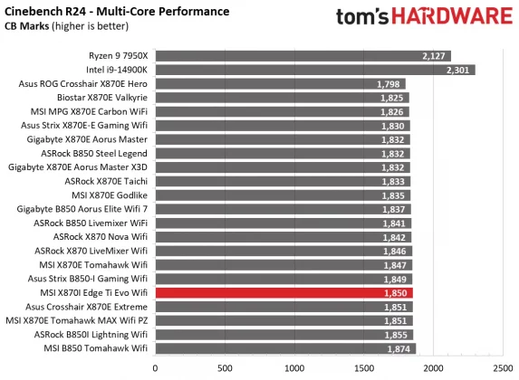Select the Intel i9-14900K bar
coord(314,70)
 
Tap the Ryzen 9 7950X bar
coord(303,56)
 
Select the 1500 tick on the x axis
coord(364,369)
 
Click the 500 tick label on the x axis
coord(225,369)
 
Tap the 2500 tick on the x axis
coord(504,369)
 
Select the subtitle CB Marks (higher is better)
coord(59,26)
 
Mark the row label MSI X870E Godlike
coord(109,195)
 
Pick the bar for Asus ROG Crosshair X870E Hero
coord(280,84)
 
